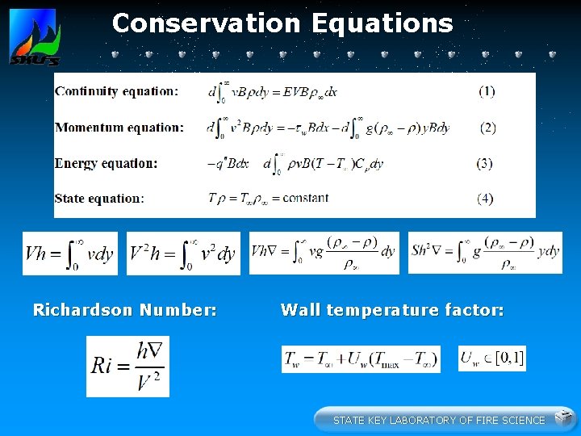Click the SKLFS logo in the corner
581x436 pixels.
pyautogui.click(x=34, y=37)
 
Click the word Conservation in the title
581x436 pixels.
pyautogui.click(x=203, y=23)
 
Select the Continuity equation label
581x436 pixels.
pyautogui.click(x=116, y=91)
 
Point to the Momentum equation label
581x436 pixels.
pyautogui.click(x=119, y=128)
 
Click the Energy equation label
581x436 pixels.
pyautogui.click(x=105, y=163)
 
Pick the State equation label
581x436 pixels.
pyautogui.click(x=99, y=199)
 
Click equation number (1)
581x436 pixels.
pyautogui.click(x=487, y=91)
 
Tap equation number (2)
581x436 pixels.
pyautogui.click(x=487, y=128)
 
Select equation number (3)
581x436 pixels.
pyautogui.click(x=484, y=163)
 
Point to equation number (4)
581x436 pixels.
pyautogui.click(x=485, y=199)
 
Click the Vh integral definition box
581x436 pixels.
pyautogui.click(x=70, y=254)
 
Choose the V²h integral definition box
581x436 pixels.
pyautogui.click(x=183, y=254)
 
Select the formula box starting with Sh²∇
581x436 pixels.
pyautogui.click(x=485, y=253)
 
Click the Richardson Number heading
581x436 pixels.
pyautogui.click(x=124, y=310)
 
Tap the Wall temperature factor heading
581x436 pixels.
pyautogui.click(x=392, y=310)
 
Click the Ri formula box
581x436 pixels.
pyautogui.click(x=127, y=366)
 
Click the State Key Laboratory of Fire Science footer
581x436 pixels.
pyautogui.click(x=439, y=420)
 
